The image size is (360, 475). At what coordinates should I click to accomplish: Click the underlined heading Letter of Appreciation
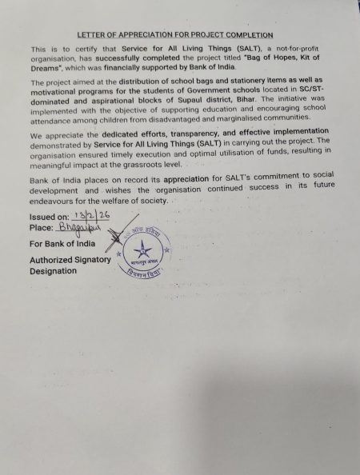(174, 36)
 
